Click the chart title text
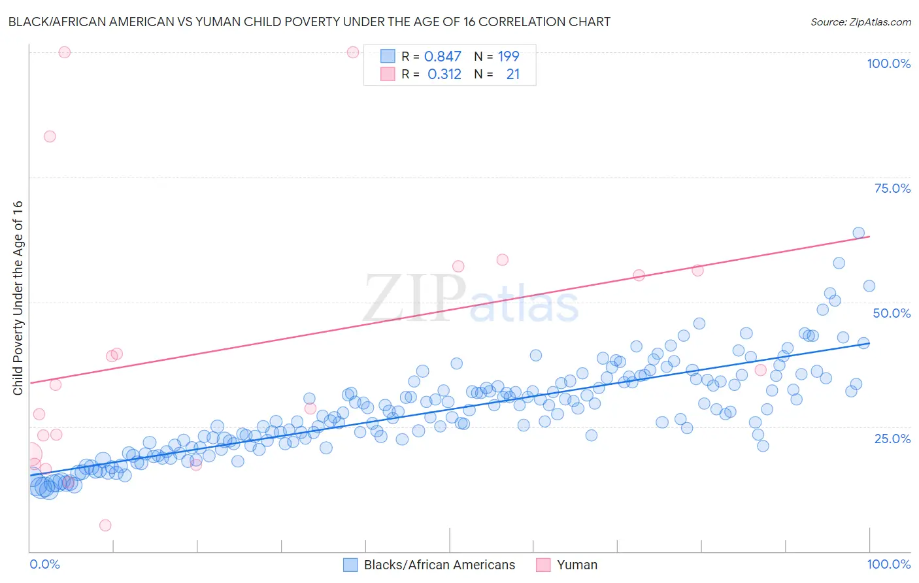310,22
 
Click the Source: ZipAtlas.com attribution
860,22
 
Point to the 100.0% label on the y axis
888,63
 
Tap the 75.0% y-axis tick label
892,188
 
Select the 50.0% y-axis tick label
892,313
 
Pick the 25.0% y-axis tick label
892,438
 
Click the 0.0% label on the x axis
44,564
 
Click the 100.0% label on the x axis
888,564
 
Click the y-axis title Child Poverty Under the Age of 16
18,297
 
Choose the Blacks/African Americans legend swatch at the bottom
350,565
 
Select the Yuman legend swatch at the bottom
543,565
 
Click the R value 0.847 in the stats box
443,56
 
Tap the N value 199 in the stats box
509,56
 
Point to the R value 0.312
444,75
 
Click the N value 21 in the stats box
513,75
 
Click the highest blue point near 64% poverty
859,233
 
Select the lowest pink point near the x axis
105,525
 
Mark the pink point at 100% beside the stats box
353,52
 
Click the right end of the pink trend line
869,236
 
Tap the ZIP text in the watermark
414,299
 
